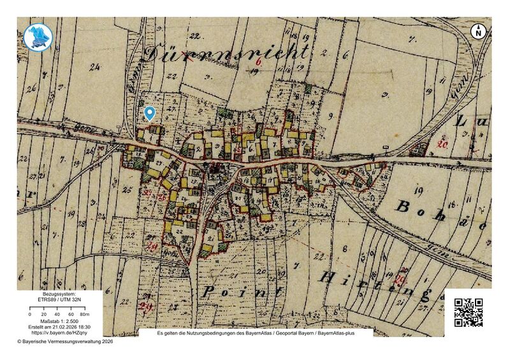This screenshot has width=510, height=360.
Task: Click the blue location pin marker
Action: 150,113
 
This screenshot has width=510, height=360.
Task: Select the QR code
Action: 468,312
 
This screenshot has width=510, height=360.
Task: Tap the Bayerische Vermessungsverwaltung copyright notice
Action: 64,342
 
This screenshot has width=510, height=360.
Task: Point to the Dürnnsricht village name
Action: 228,54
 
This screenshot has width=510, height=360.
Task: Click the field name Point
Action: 242,292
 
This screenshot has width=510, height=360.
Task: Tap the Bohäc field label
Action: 440,210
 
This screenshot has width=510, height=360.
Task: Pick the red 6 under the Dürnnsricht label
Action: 259,62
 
